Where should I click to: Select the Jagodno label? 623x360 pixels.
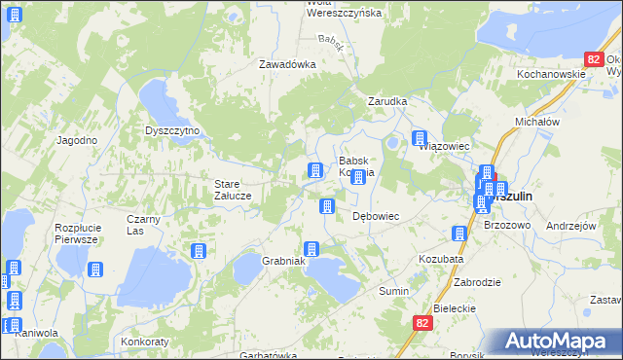pyautogui.click(x=77, y=140)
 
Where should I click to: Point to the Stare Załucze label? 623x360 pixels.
pyautogui.click(x=234, y=189)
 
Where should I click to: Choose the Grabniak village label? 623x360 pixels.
pyautogui.click(x=284, y=261)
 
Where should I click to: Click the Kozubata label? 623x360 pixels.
pyautogui.click(x=441, y=260)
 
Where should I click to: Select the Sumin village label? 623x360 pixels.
pyautogui.click(x=393, y=291)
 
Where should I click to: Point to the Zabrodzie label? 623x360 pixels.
pyautogui.click(x=477, y=281)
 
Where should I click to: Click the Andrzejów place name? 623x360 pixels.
pyautogui.click(x=571, y=225)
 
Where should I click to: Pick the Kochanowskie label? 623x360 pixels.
pyautogui.click(x=551, y=74)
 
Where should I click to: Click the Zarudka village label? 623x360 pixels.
pyautogui.click(x=386, y=100)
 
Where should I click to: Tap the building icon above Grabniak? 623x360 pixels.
pyautogui.click(x=311, y=249)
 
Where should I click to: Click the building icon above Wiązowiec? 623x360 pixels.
pyautogui.click(x=420, y=138)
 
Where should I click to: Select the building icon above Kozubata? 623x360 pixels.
pyautogui.click(x=458, y=234)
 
